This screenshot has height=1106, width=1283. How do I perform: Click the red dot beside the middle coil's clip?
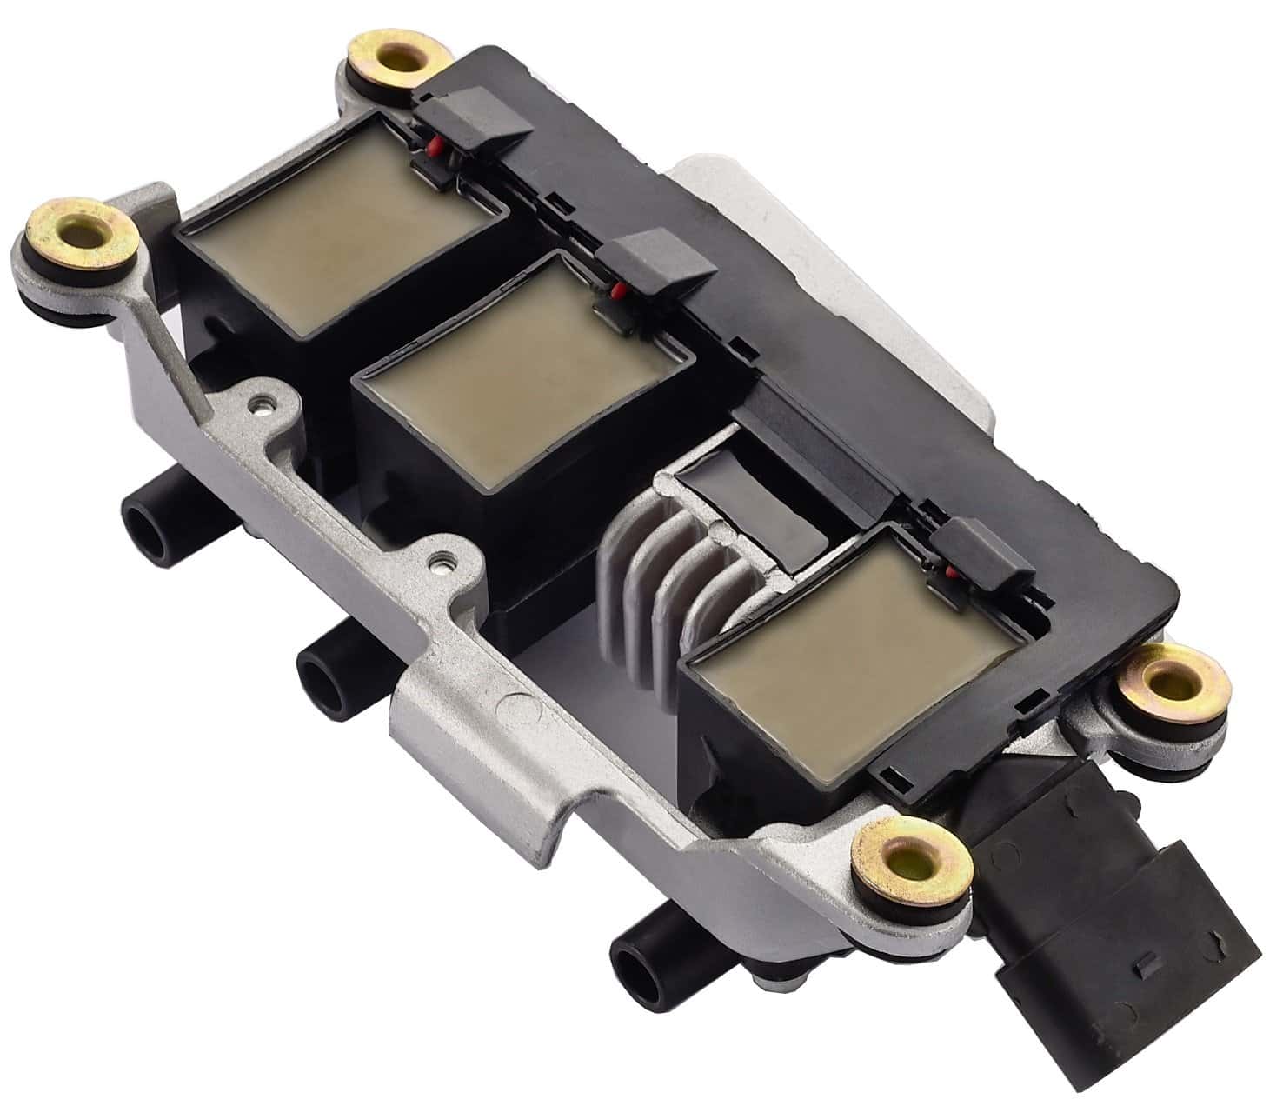pos(616,290)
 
